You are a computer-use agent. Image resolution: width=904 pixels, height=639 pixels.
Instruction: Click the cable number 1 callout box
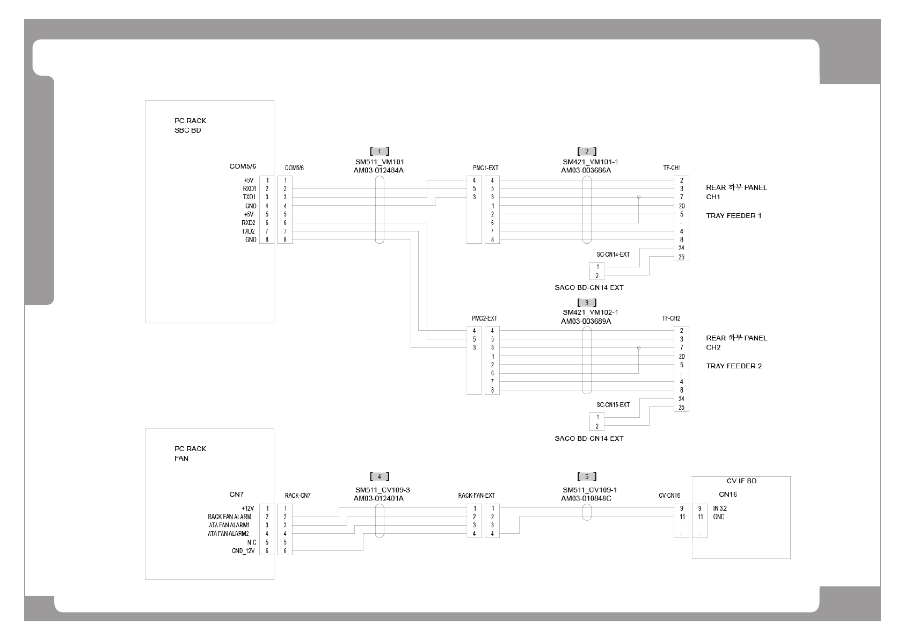click(380, 151)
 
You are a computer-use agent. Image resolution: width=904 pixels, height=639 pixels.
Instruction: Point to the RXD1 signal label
click(249, 189)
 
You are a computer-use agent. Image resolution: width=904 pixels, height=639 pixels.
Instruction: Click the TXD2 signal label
click(249, 231)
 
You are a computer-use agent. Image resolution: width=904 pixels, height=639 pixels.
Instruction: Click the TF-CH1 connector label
click(672, 168)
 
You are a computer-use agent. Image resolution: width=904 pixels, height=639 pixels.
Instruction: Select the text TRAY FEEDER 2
click(733, 366)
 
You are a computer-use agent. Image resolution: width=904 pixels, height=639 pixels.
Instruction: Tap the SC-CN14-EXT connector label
click(613, 255)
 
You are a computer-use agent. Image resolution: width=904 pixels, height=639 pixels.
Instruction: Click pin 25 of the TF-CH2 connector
click(681, 408)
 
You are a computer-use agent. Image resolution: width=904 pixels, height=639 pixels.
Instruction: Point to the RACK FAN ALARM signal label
click(229, 517)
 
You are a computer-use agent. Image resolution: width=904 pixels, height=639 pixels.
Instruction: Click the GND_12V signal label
click(244, 551)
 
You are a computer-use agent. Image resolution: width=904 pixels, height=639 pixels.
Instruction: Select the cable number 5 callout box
click(587, 477)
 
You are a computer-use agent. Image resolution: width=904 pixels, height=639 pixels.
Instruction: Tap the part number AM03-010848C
click(586, 498)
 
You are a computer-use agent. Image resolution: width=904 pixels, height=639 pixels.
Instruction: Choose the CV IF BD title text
click(741, 481)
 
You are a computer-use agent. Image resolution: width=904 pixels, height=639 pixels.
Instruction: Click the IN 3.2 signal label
click(720, 508)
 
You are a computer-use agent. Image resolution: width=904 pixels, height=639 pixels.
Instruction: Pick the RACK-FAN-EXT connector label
click(476, 496)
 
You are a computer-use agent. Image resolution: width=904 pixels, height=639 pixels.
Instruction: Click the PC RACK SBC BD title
click(190, 126)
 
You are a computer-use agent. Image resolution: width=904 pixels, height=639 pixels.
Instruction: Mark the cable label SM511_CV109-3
click(382, 490)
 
